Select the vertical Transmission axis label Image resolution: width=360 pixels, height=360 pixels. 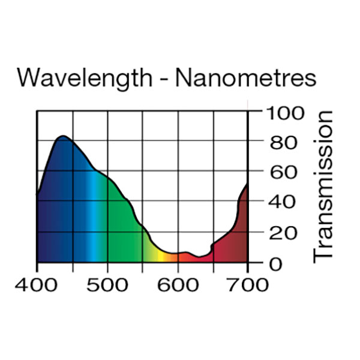point(322,185)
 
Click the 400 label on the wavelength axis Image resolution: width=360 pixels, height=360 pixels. point(37,284)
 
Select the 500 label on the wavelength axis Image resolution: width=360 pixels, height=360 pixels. point(107,284)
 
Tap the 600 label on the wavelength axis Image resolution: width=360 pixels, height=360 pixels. point(178,284)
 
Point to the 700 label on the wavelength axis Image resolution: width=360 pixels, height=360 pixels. point(247,284)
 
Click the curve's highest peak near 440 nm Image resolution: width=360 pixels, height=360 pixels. point(62,137)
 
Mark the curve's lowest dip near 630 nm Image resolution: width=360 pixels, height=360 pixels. point(199,257)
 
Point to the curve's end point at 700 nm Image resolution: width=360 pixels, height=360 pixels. point(247,184)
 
